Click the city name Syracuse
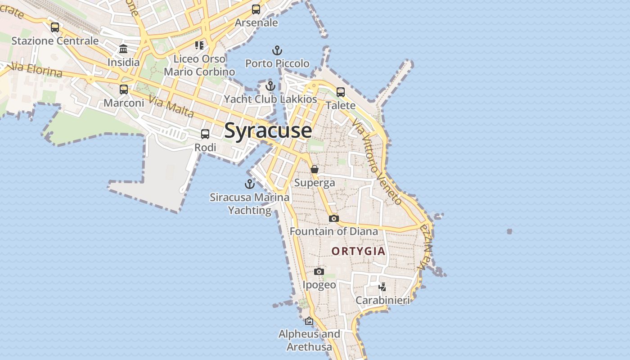pos(268,130)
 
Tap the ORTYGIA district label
pos(359,251)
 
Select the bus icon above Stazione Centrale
pos(55,27)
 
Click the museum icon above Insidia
pos(123,49)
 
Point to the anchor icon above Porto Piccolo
pos(277,50)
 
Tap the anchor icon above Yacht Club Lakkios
pos(270,85)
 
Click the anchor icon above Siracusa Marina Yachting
pos(250,184)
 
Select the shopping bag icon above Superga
pos(315,169)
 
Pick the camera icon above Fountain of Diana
pos(333,218)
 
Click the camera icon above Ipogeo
pos(319,271)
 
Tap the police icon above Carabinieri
pos(382,287)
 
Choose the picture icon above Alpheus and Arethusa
pos(309,321)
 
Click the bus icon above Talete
pos(341,92)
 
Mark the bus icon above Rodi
pos(205,134)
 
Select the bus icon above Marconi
pos(124,90)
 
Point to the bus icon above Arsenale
pos(256,9)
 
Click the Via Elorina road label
pos(35,70)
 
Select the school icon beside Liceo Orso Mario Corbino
pos(199,45)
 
